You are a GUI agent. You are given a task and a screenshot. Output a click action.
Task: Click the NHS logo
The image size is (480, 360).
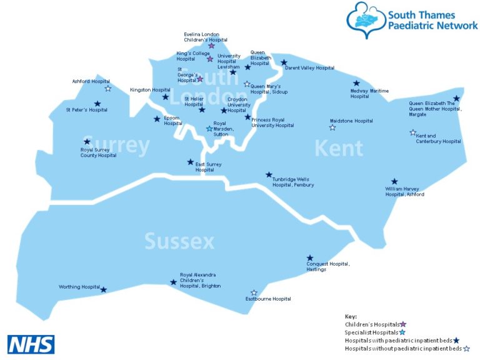(x=31, y=344)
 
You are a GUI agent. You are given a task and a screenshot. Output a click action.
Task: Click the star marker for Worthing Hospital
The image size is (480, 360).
(x=104, y=289)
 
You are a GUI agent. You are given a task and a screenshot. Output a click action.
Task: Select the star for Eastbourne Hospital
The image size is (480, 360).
(x=254, y=292)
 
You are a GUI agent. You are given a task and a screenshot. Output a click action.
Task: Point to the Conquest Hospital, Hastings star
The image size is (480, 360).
(x=310, y=258)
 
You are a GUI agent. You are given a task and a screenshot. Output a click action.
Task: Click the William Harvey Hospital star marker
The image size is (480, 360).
(x=394, y=181)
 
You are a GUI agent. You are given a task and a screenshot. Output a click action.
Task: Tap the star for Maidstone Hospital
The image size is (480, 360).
(x=332, y=127)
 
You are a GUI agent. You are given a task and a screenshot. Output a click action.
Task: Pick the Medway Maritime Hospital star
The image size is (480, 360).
(x=357, y=83)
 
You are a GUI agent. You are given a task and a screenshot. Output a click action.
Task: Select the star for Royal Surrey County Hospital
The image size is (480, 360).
(x=87, y=142)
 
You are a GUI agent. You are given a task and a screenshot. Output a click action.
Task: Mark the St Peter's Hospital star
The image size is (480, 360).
(x=97, y=104)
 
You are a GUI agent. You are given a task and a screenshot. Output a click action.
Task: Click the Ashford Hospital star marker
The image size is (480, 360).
(x=108, y=89)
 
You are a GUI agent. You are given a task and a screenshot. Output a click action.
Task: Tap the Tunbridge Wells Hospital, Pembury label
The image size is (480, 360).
(x=293, y=182)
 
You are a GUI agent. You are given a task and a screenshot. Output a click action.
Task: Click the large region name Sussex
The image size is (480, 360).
(x=179, y=241)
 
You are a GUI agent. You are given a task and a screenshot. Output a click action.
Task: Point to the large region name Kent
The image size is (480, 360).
(x=338, y=149)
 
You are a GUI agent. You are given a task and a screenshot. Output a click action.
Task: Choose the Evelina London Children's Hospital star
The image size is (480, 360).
(x=211, y=46)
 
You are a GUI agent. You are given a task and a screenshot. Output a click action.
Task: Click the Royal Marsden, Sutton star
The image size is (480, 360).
(x=209, y=129)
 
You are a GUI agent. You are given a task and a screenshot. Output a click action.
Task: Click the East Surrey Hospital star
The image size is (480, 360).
(x=191, y=162)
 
